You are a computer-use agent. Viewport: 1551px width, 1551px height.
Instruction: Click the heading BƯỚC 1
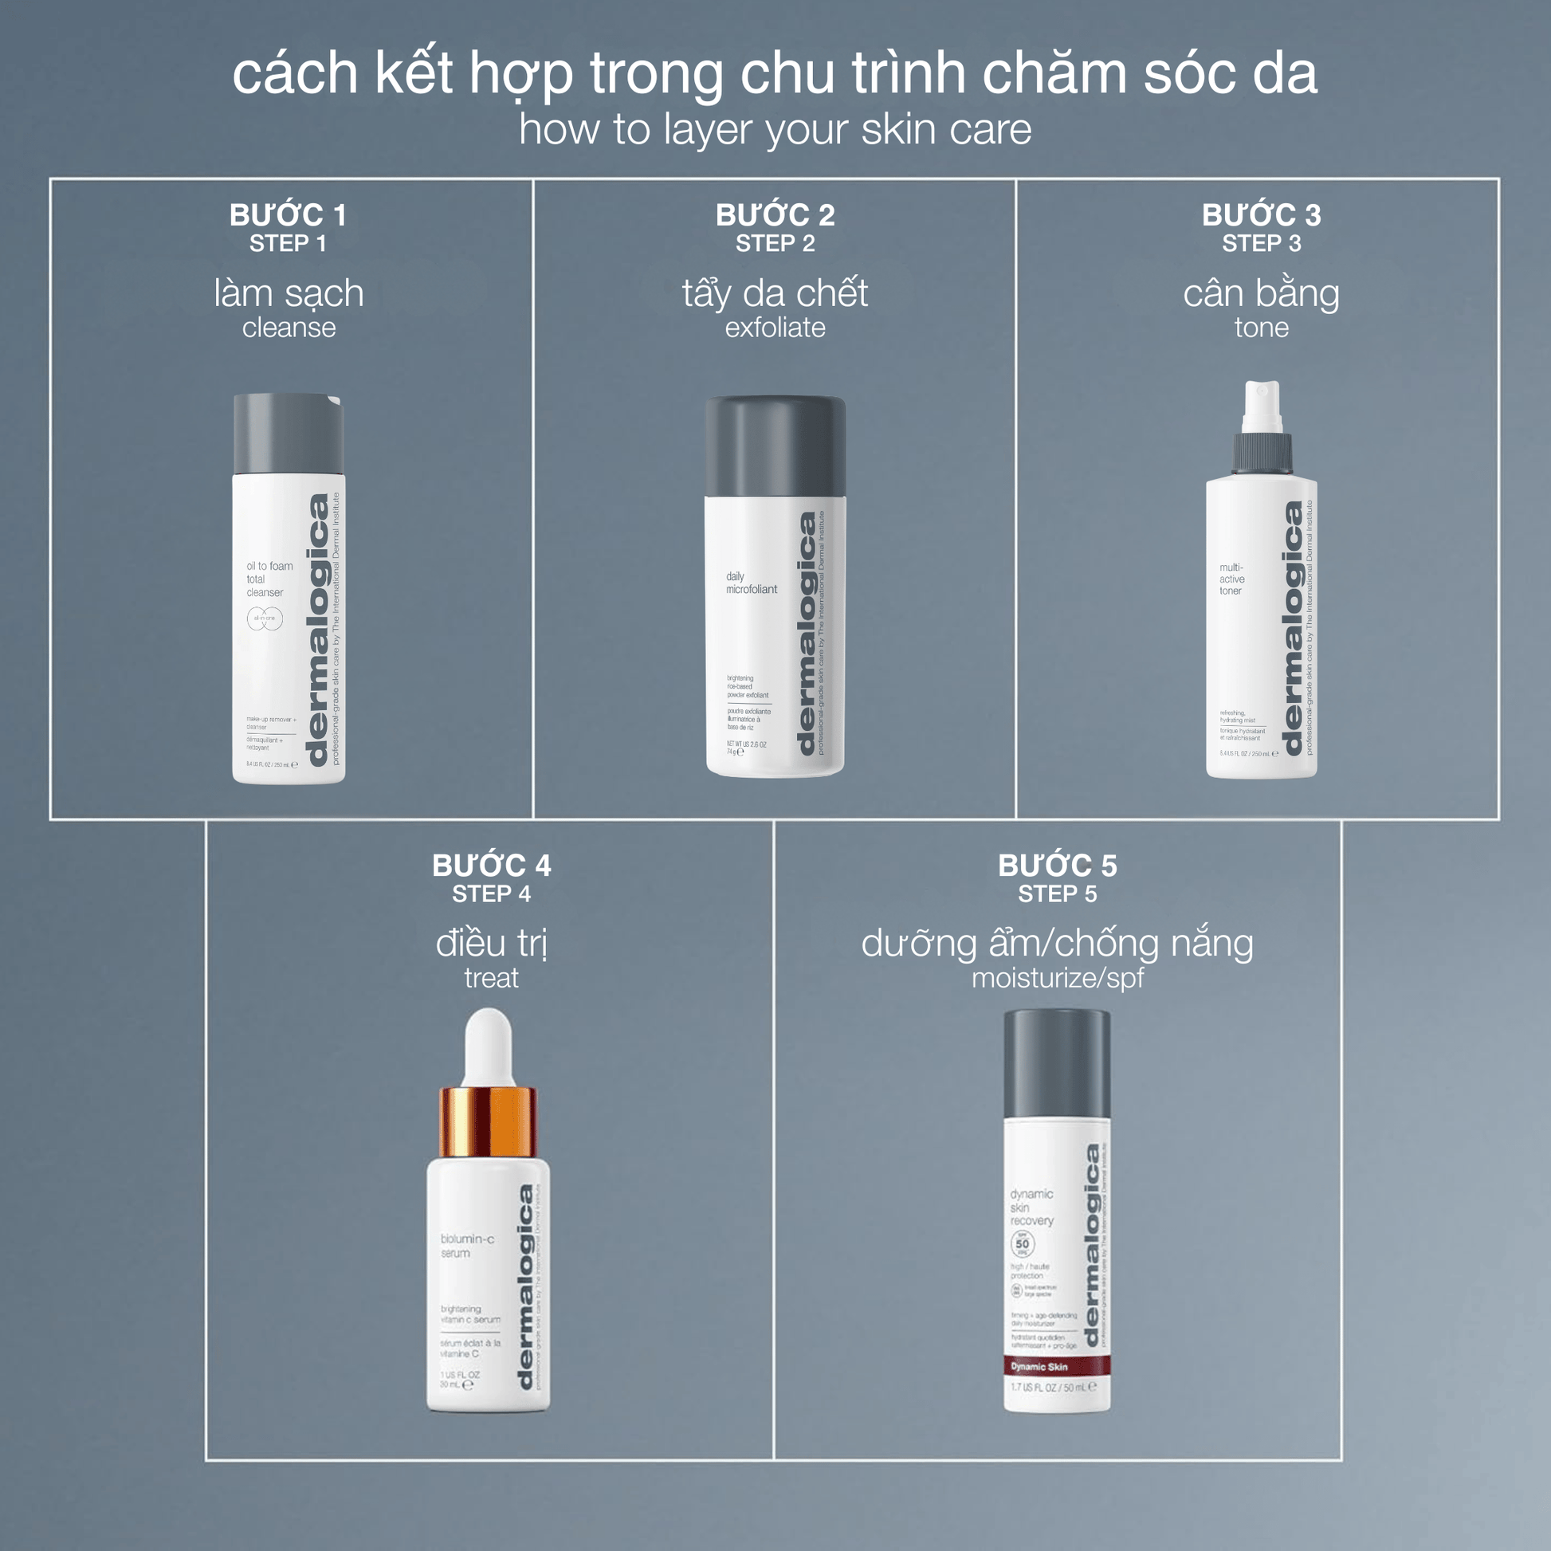point(288,215)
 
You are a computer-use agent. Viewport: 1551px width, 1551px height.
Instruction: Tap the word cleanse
point(289,328)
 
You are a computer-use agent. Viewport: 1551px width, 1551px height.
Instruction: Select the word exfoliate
point(775,328)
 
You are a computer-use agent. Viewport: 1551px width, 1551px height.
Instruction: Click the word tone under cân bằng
point(1261,328)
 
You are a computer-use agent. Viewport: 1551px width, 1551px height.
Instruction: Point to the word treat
point(491,978)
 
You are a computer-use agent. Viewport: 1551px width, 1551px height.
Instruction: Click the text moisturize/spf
point(1058,978)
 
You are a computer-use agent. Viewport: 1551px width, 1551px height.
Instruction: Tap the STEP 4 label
point(491,893)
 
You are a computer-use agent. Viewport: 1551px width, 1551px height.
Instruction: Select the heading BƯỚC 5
point(1058,866)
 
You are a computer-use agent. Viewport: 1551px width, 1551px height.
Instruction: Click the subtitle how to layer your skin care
point(775,129)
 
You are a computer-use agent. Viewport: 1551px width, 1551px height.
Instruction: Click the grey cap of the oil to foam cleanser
point(289,434)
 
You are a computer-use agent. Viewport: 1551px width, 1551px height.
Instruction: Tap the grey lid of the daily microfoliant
point(775,446)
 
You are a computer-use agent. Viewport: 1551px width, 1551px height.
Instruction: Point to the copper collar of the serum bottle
point(487,1122)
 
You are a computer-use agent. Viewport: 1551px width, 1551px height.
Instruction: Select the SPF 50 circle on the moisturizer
point(1022,1244)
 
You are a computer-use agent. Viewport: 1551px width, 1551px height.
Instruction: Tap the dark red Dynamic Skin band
point(1057,1366)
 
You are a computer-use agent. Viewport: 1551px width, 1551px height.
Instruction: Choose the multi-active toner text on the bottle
point(1231,579)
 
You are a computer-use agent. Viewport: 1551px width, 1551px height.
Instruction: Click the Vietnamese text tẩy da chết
point(775,293)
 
